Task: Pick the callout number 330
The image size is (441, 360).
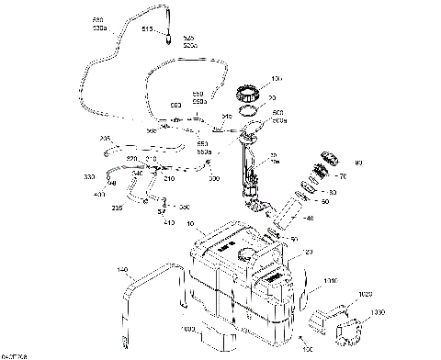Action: (x=89, y=175)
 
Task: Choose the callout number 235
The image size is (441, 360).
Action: (x=117, y=208)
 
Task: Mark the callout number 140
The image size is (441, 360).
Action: (x=123, y=271)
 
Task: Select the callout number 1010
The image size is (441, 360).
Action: (x=330, y=282)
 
